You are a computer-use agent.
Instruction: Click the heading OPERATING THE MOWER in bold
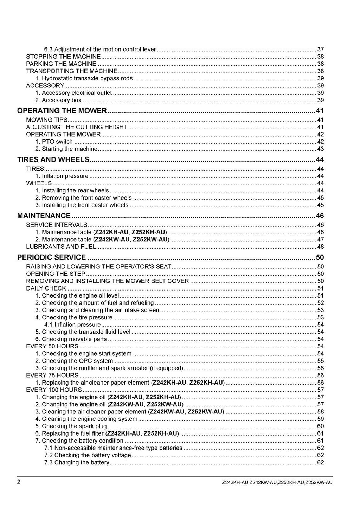pyautogui.click(x=62, y=111)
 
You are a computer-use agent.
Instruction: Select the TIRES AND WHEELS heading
pyautogui.click(x=53, y=160)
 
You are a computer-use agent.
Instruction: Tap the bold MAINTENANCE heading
pyautogui.click(x=44, y=216)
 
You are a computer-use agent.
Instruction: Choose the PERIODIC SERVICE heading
pyautogui.click(x=51, y=257)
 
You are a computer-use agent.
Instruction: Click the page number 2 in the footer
pyautogui.click(x=19, y=482)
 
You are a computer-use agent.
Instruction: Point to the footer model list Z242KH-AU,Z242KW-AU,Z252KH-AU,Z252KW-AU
pyautogui.click(x=277, y=482)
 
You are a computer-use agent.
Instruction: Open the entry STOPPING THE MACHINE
pyautogui.click(x=63, y=57)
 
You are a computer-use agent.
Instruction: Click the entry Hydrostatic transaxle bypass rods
pyautogui.click(x=87, y=78)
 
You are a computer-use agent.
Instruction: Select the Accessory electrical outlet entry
pyautogui.click(x=77, y=93)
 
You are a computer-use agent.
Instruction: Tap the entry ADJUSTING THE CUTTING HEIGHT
pyautogui.click(x=77, y=127)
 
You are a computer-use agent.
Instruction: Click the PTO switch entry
pyautogui.click(x=57, y=142)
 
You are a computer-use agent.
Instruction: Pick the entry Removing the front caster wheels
pyautogui.click(x=86, y=198)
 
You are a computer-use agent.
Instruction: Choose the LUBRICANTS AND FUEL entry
pyautogui.click(x=61, y=247)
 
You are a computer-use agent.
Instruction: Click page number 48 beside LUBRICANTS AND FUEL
pyautogui.click(x=320, y=247)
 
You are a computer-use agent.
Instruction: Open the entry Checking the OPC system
pyautogui.click(x=77, y=361)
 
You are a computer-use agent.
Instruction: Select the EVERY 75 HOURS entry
pyautogui.click(x=52, y=376)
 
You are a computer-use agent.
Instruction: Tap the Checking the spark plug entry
pyautogui.click(x=74, y=426)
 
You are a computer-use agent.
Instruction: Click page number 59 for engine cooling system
pyautogui.click(x=320, y=419)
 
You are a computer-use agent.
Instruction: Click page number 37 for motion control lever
pyautogui.click(x=320, y=50)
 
